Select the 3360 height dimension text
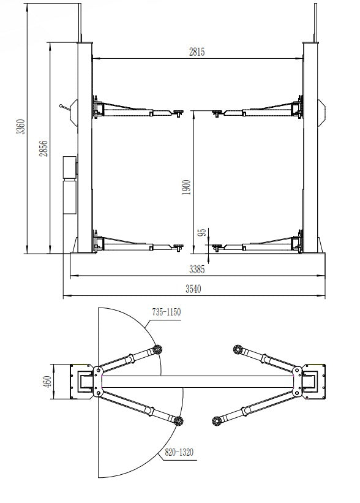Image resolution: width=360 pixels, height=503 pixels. [21, 127]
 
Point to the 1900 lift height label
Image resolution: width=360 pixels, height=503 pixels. [187, 186]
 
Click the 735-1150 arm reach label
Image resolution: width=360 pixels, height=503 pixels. [167, 312]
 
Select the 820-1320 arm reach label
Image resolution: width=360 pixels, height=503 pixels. [178, 453]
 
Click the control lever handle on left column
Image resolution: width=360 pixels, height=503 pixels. [63, 107]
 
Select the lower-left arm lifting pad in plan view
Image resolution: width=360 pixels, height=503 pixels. [179, 420]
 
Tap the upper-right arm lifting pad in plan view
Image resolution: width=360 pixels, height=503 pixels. [237, 349]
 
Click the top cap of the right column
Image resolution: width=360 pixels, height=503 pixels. [312, 42]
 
